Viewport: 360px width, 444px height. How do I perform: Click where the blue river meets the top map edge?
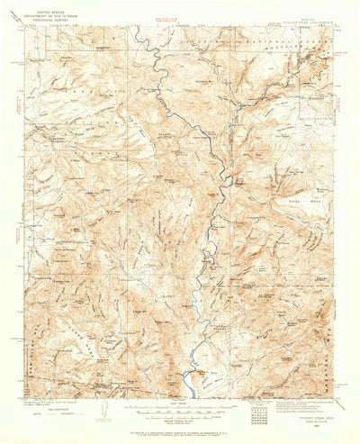(134, 26)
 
